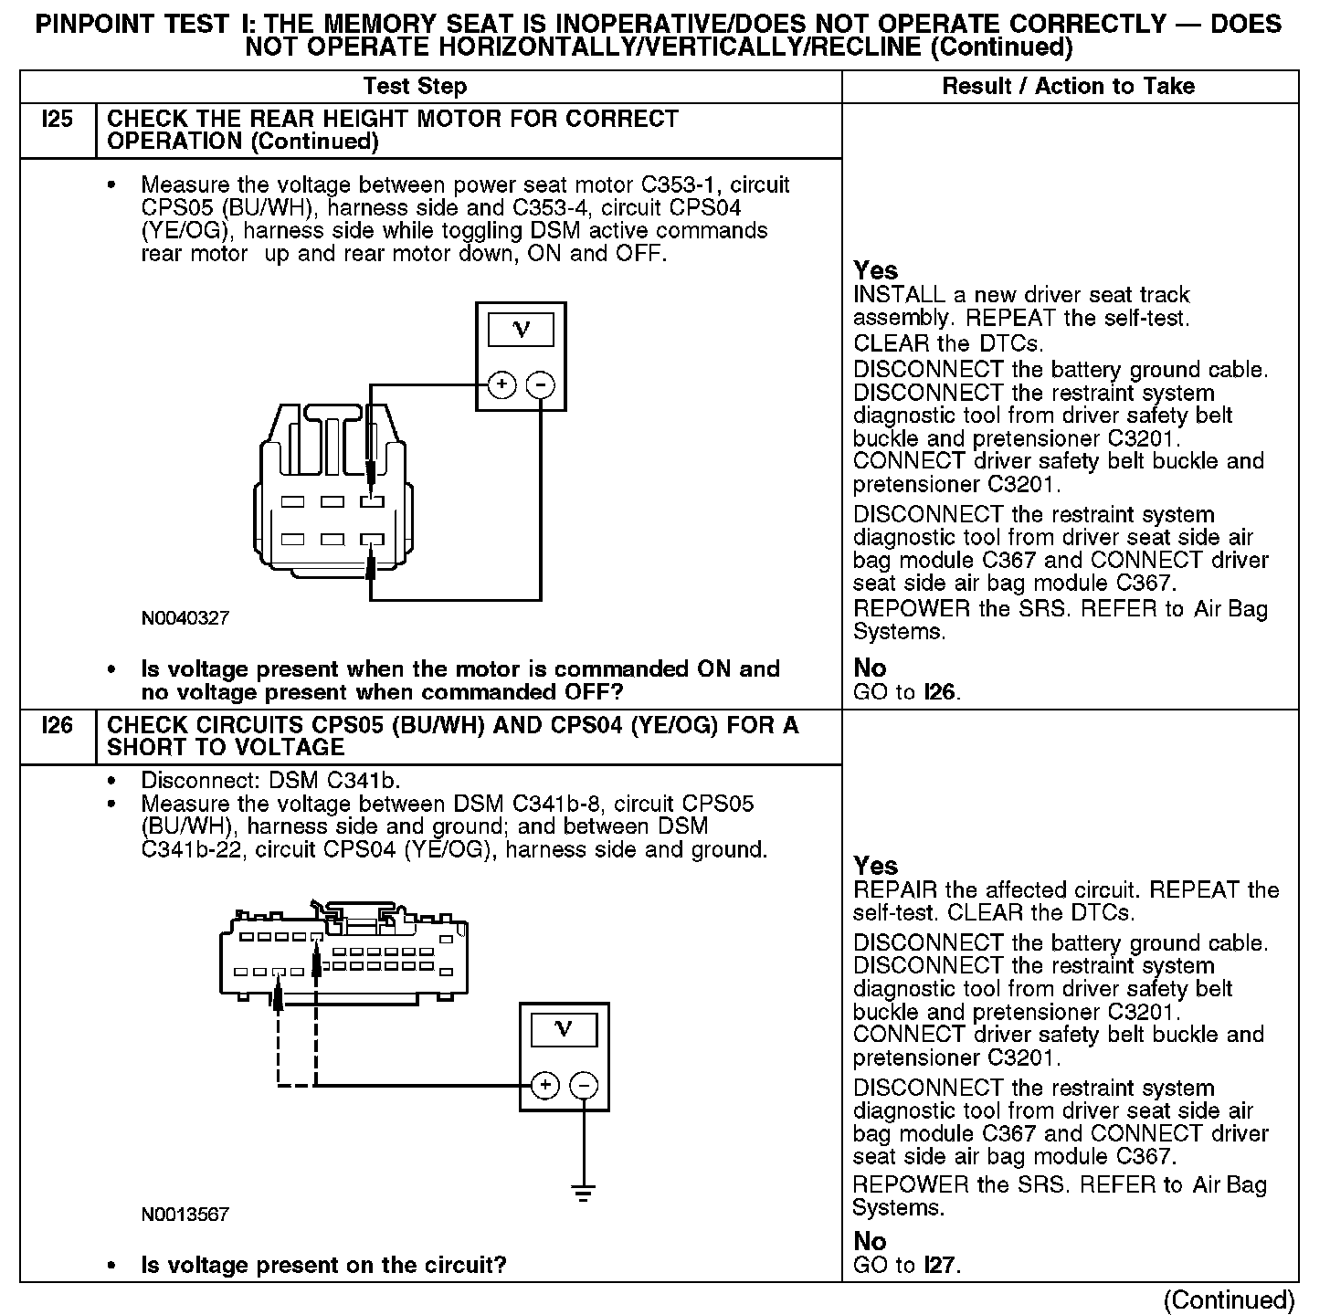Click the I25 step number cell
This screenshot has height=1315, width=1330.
click(57, 120)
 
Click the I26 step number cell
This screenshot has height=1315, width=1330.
click(57, 726)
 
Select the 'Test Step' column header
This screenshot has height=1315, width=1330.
click(415, 87)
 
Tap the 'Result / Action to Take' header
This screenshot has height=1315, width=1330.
click(1068, 87)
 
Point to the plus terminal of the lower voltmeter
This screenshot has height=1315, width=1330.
click(544, 1085)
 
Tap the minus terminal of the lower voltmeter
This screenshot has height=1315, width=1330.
click(584, 1085)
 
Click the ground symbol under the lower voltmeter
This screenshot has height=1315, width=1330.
click(584, 1191)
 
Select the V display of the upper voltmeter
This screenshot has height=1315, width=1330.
click(521, 330)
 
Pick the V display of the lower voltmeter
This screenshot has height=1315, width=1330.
click(564, 1030)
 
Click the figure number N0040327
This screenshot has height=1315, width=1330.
click(185, 618)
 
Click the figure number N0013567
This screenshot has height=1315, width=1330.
click(185, 1215)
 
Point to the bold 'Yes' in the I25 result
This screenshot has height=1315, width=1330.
click(875, 270)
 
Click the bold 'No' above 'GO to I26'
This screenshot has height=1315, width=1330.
click(870, 668)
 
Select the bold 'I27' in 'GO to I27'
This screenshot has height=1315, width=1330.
click(941, 1265)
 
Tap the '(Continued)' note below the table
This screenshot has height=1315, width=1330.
click(1230, 1299)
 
